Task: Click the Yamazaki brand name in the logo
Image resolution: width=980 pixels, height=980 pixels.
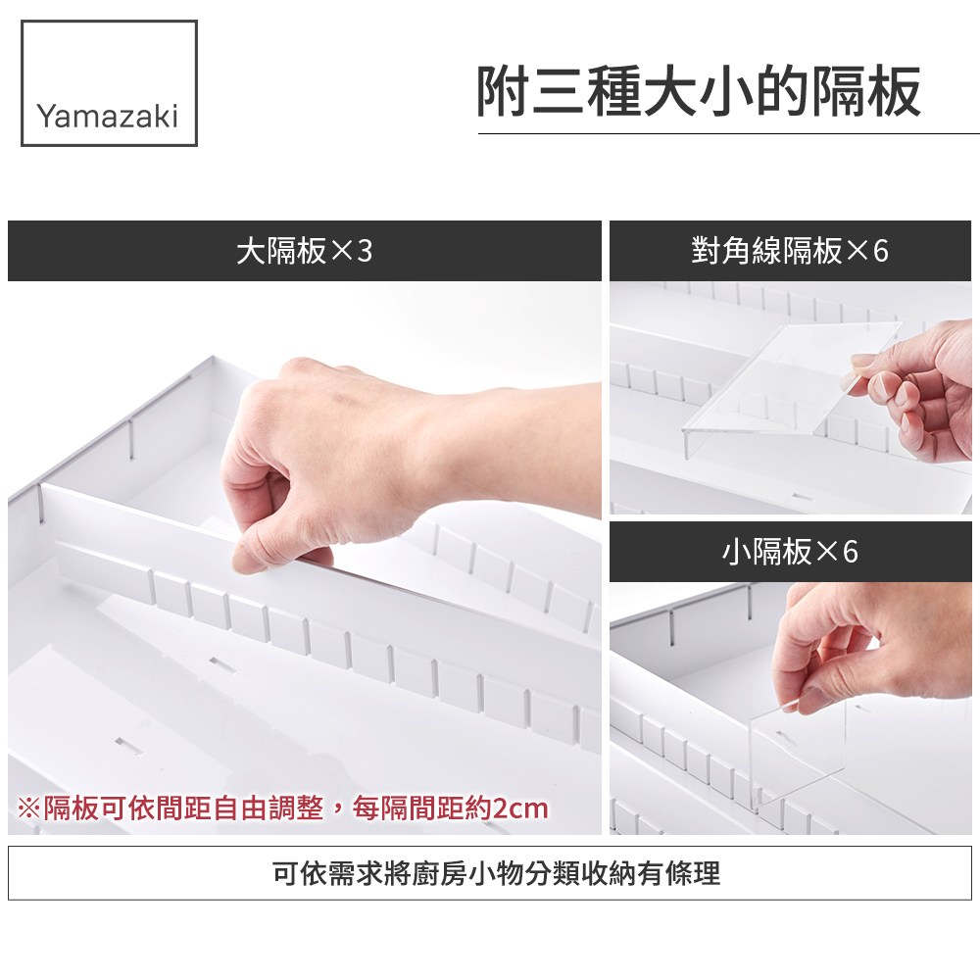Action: (x=108, y=117)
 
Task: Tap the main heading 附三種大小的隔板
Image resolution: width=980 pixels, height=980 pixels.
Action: (x=698, y=92)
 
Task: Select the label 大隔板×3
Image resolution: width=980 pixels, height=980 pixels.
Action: (x=305, y=251)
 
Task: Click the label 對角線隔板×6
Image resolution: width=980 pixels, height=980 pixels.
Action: (x=790, y=251)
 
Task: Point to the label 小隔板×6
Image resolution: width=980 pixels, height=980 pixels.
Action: (x=790, y=551)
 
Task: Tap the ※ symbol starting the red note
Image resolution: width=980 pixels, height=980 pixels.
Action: (x=28, y=808)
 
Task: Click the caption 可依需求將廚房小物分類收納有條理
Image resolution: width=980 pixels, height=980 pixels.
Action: (x=496, y=873)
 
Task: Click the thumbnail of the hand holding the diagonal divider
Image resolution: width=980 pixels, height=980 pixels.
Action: (x=791, y=398)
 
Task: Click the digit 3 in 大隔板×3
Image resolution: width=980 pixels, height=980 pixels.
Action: (x=365, y=252)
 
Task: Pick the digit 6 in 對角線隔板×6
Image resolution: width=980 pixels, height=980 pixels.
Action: (x=881, y=251)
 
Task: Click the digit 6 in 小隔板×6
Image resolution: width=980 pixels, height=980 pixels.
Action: (x=850, y=551)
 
